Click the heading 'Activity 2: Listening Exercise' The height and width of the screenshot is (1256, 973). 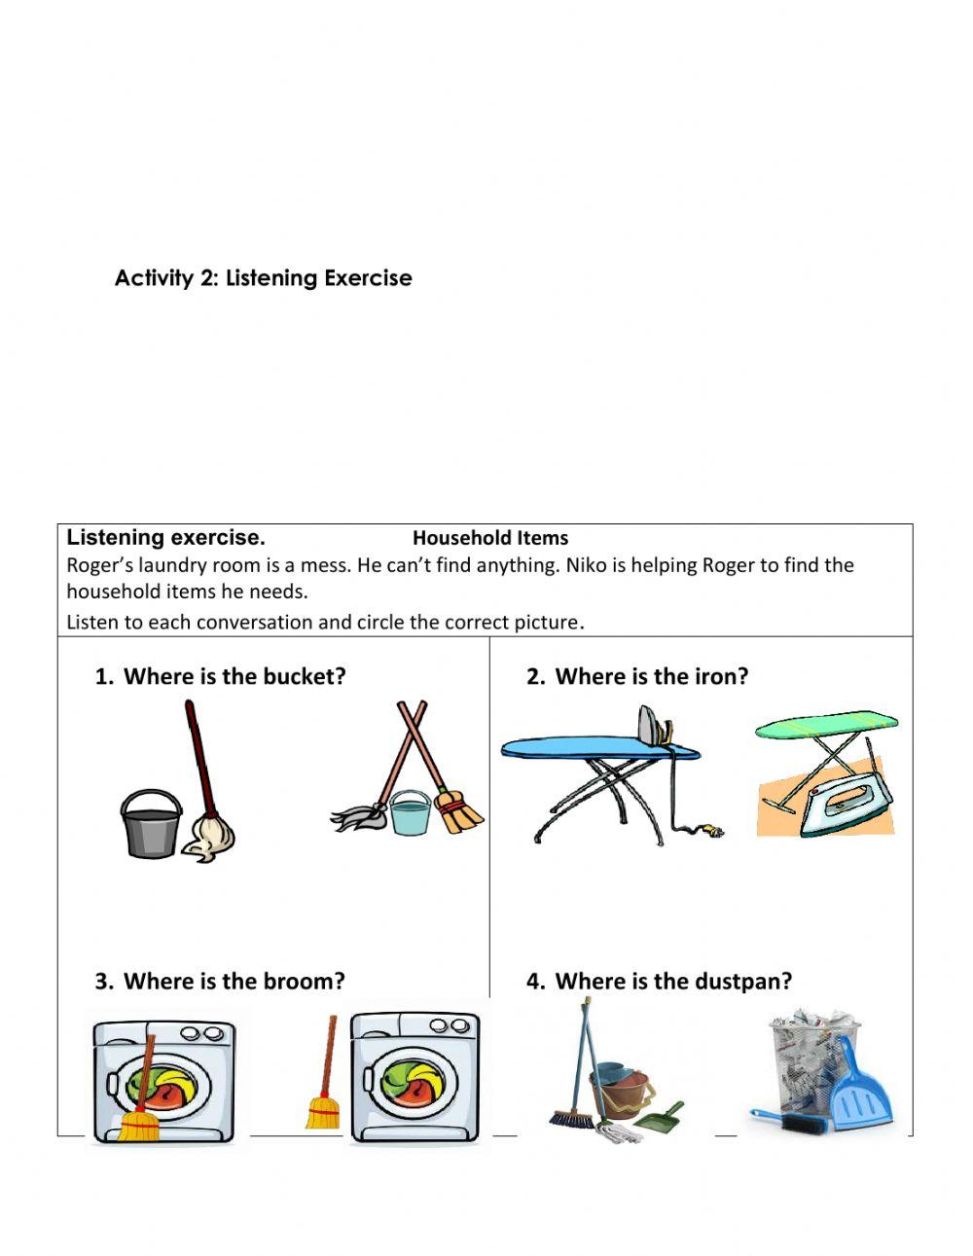pos(263,278)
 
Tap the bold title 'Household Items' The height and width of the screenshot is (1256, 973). pos(490,538)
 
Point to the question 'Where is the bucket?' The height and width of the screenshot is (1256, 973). pos(234,676)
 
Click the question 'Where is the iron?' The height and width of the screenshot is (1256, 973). pos(651,676)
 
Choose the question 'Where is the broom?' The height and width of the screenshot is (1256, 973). pos(234,981)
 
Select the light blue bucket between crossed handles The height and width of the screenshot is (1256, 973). pos(410,813)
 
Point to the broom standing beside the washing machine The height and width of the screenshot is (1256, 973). pos(323,1080)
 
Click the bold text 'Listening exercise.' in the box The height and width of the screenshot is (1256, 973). pos(165,538)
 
